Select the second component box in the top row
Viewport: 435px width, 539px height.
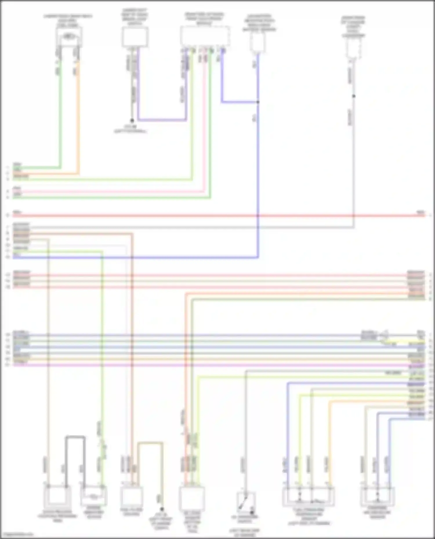135,37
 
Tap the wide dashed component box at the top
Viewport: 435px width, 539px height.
205,36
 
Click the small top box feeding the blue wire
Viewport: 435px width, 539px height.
258,42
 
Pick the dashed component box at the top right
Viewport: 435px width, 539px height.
353,47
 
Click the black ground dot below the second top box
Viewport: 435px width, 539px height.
132,120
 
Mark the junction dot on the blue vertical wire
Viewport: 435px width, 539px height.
258,102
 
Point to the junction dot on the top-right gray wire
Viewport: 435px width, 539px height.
354,96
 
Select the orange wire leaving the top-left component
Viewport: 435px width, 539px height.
78,116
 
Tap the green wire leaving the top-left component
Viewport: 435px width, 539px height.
60,116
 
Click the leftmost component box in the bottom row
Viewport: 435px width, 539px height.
57,496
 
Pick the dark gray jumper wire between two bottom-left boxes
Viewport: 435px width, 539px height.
75,436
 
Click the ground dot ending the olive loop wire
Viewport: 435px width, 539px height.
162,509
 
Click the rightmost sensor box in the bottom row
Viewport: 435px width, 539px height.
378,496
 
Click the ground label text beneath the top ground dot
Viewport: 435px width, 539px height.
131,129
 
